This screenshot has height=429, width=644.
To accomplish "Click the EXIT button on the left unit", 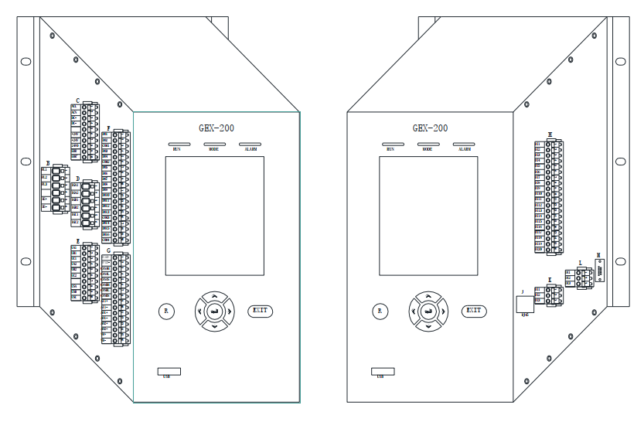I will pyautogui.click(x=261, y=311).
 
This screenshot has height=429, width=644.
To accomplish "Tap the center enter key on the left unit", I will pyautogui.click(x=214, y=311).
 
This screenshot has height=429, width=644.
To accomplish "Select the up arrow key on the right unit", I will pyautogui.click(x=428, y=297).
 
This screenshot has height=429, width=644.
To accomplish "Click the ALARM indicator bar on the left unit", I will pyautogui.click(x=250, y=145).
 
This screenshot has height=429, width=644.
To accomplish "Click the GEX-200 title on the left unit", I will pyautogui.click(x=215, y=128).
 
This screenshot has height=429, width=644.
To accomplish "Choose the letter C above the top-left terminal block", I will pyautogui.click(x=77, y=100).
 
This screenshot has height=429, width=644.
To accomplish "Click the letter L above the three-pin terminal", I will pyautogui.click(x=580, y=264).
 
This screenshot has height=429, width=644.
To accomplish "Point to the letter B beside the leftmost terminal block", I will pyautogui.click(x=49, y=164).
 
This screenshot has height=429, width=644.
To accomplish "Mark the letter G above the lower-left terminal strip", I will pyautogui.click(x=117, y=251).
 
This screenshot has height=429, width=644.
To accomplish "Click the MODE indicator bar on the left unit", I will pyautogui.click(x=214, y=145).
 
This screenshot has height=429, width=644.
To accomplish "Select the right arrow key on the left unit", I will pyautogui.click(x=230, y=312).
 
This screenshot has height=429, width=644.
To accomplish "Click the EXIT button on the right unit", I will pyautogui.click(x=474, y=311).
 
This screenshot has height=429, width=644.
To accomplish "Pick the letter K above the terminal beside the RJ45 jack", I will pyautogui.click(x=550, y=280).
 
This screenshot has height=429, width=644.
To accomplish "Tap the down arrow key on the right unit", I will pyautogui.click(x=428, y=325).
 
